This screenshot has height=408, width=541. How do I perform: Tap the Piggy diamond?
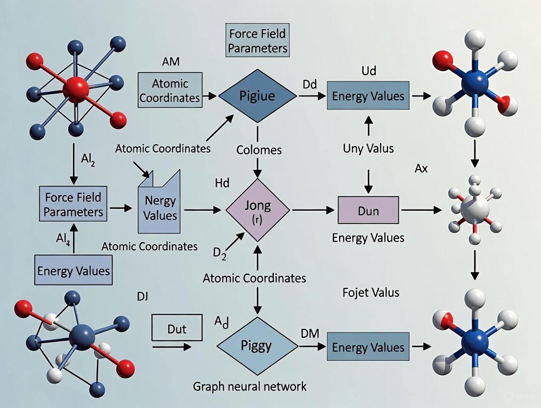257,346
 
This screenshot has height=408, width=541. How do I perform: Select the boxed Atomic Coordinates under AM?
170,90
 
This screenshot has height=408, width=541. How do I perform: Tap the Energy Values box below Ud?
368,96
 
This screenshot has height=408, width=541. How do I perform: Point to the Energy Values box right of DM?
368,347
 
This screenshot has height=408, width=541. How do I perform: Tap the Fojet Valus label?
370,293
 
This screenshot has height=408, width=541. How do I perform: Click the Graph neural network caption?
250,386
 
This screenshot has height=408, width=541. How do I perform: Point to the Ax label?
421,169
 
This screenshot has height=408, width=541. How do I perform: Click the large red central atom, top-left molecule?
76,89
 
